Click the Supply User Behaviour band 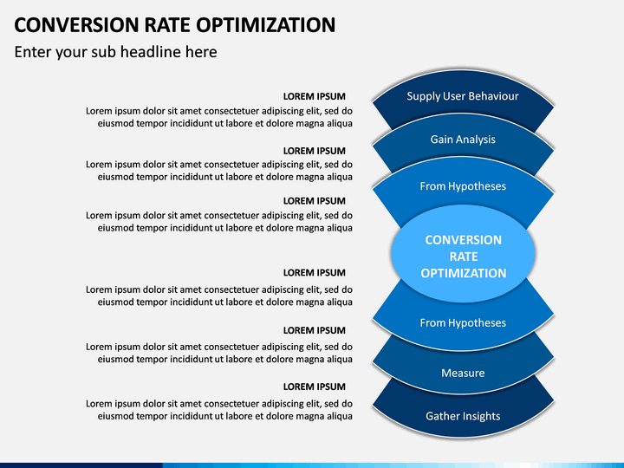[463, 96]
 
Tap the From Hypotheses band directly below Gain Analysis [463, 186]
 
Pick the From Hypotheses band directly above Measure [463, 322]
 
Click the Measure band [463, 373]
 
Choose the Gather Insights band [463, 416]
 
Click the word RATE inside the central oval [463, 257]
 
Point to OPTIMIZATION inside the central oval [463, 273]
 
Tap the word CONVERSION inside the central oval [463, 240]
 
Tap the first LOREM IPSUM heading [314, 96]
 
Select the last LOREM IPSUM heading [314, 387]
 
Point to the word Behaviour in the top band [493, 96]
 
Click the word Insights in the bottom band [481, 416]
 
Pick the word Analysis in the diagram [476, 140]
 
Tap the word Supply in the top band [424, 96]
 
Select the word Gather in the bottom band [442, 416]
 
